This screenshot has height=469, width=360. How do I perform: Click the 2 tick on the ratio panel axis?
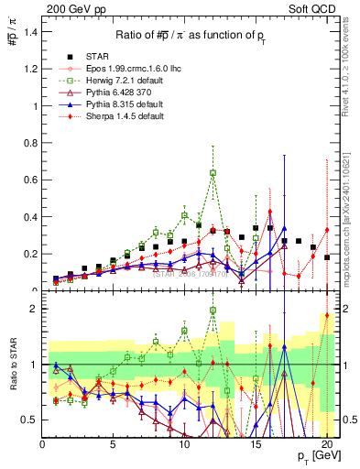point(36,309)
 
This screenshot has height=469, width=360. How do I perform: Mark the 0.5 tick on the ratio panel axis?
point(32,420)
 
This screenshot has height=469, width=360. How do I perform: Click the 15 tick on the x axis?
point(256,443)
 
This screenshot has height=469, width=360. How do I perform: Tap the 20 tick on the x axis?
point(327,443)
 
